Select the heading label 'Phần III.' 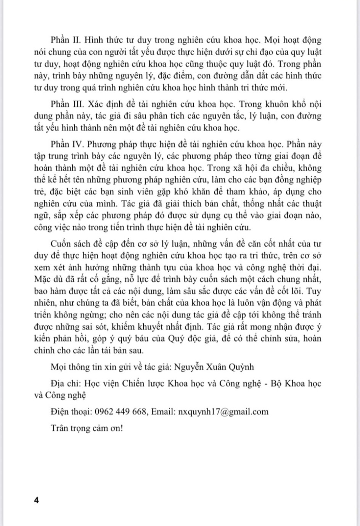point(66,104)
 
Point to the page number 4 point(37,500)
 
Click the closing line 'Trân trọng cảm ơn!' point(87,428)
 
